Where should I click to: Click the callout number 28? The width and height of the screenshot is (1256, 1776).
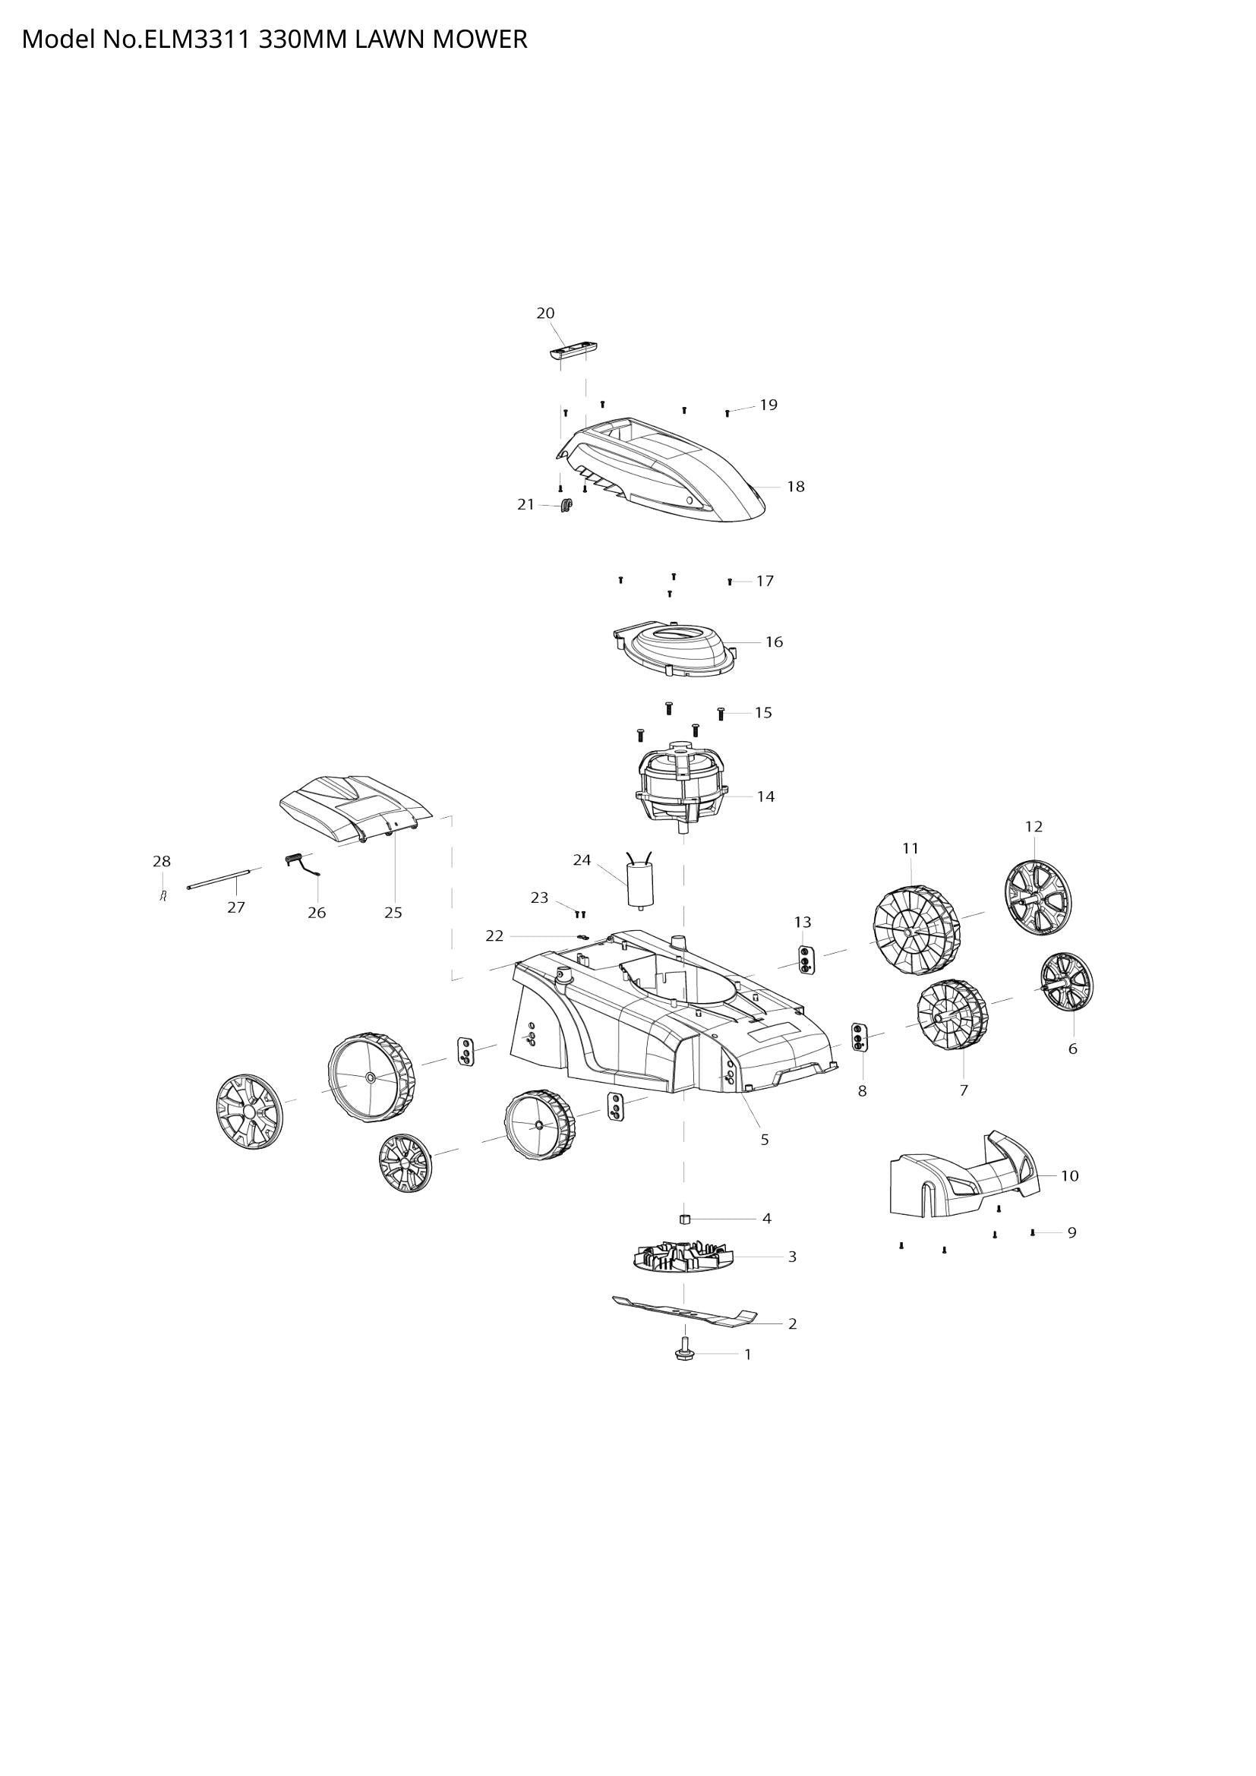coord(161,861)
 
